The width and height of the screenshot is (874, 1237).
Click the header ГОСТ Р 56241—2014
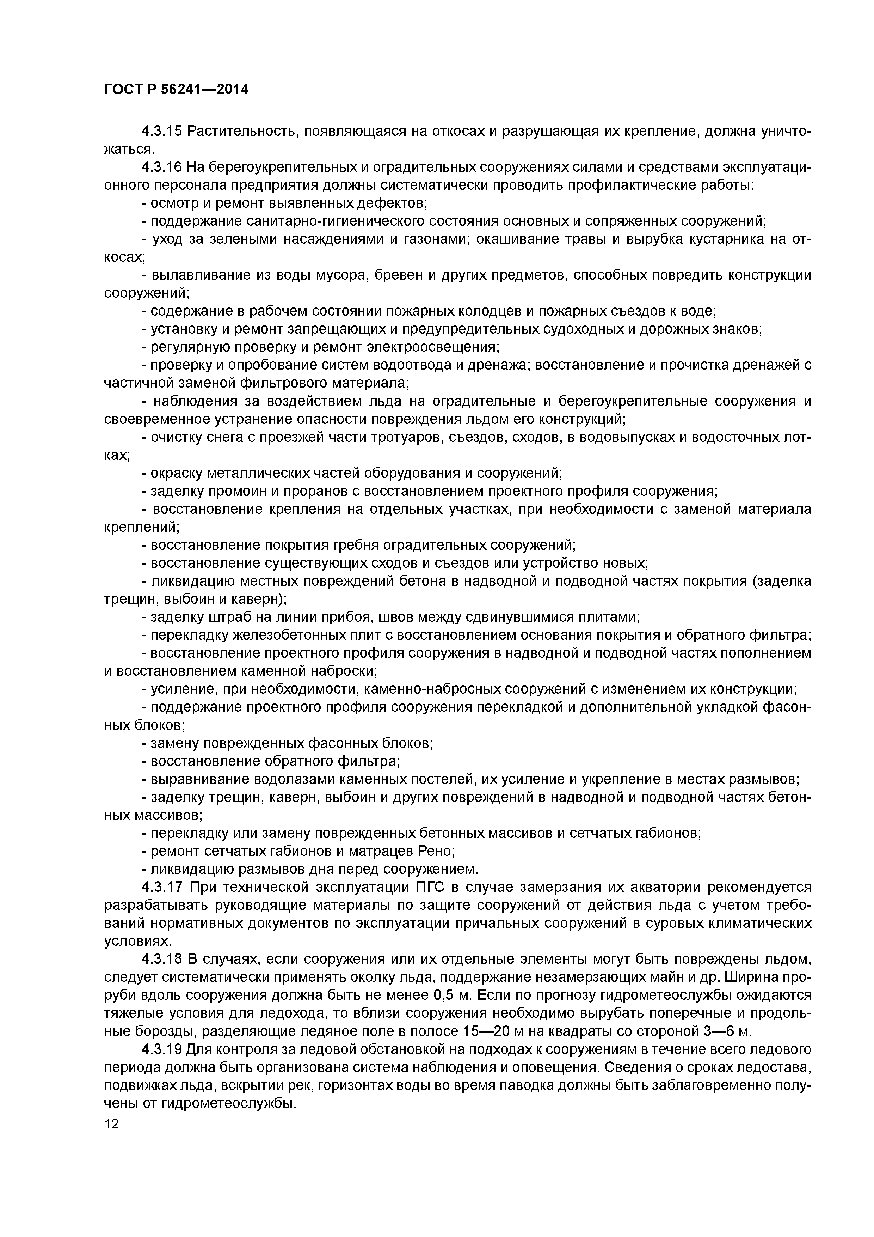click(176, 90)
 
